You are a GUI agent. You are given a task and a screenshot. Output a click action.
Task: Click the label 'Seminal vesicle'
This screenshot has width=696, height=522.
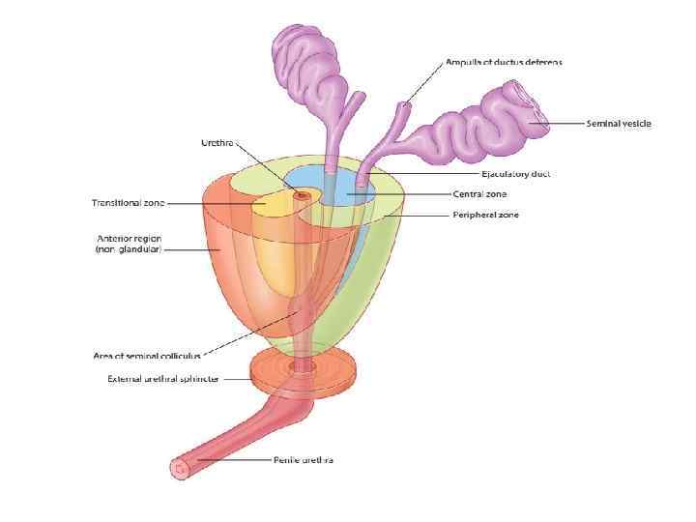(619, 124)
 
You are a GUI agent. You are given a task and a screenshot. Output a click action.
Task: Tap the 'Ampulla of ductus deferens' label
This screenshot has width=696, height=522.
(504, 62)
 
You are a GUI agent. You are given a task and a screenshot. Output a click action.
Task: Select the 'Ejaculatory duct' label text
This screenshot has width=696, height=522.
(516, 174)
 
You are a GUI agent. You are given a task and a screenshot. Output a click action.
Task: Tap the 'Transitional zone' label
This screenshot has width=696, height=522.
(128, 203)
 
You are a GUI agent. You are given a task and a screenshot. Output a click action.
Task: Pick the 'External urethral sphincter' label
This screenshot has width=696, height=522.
(163, 379)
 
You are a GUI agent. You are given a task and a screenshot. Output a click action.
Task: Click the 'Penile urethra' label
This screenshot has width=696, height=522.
(303, 460)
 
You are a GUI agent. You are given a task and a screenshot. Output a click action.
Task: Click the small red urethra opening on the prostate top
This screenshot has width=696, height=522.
(301, 195)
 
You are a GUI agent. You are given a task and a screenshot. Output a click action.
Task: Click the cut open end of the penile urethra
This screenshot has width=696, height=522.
(180, 469)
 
